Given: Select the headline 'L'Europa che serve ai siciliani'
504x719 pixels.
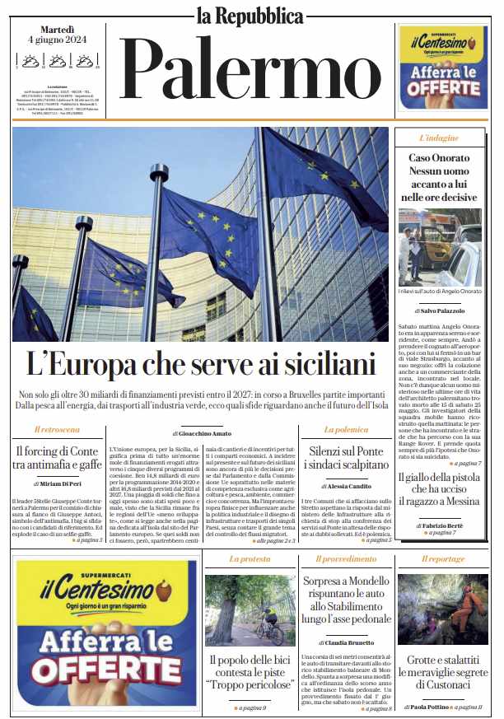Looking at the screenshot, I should [x=201, y=363].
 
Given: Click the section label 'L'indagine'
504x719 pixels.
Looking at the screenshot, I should [x=439, y=138].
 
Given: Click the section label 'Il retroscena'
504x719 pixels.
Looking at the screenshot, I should [x=58, y=430].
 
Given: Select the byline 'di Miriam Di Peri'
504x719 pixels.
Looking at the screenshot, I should [x=58, y=482].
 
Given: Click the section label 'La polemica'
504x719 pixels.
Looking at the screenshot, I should [x=347, y=430].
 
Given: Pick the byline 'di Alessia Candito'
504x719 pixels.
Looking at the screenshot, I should [x=347, y=486].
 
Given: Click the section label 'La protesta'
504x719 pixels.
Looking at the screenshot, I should [x=250, y=559].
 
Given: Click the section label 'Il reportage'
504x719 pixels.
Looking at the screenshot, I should [x=443, y=559].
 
